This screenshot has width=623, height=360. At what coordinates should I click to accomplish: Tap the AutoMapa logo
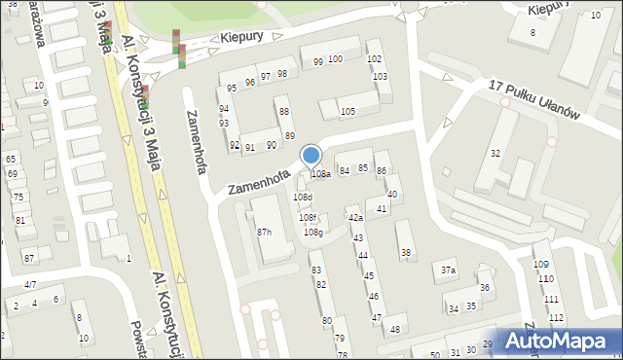[559, 342]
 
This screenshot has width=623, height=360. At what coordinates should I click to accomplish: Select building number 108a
[320, 174]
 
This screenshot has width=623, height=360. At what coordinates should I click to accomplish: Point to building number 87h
[264, 232]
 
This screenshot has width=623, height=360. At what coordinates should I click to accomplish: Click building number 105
[348, 112]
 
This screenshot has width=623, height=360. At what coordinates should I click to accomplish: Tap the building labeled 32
[495, 154]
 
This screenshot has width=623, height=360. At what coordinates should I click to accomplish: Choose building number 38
[406, 253]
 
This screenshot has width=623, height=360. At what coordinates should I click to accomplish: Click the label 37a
[448, 270]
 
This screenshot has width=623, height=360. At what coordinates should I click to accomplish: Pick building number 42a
[355, 218]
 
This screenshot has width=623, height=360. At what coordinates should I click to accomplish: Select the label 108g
[312, 233]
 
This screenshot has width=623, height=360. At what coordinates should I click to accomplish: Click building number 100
[335, 59]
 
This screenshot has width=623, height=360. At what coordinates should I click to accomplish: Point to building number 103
[381, 76]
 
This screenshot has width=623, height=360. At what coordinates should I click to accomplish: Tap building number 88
[284, 112]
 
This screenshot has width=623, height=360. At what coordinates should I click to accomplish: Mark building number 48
[394, 330]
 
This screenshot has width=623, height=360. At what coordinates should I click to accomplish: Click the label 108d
[303, 198]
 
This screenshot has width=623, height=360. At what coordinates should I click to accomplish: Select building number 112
[556, 318]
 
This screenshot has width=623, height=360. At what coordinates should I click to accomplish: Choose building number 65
[11, 159]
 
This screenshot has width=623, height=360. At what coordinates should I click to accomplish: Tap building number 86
[382, 171]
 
